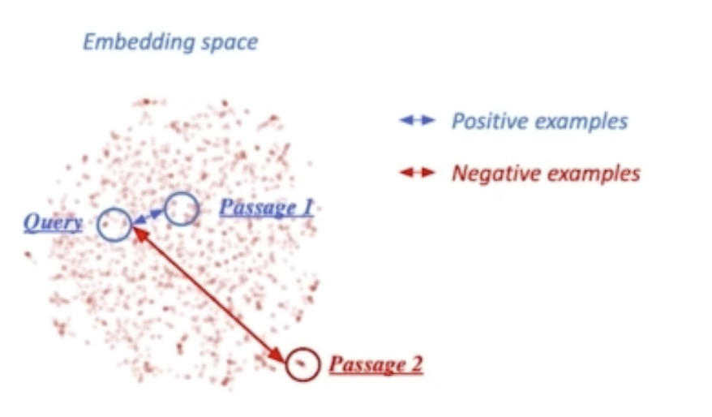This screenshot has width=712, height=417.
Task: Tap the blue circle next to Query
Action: coord(114,225)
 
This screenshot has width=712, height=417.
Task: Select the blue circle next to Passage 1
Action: coord(182,209)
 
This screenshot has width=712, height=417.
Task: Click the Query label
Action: coord(53,221)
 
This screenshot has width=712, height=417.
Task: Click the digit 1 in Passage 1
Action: coord(307,207)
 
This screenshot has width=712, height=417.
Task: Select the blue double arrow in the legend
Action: coord(418,121)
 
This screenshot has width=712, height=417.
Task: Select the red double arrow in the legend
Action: coord(418,172)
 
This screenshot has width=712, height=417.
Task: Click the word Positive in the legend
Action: coord(485,121)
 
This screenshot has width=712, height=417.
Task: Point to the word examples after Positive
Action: coord(577,121)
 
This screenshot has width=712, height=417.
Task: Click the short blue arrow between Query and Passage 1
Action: coord(148,216)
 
